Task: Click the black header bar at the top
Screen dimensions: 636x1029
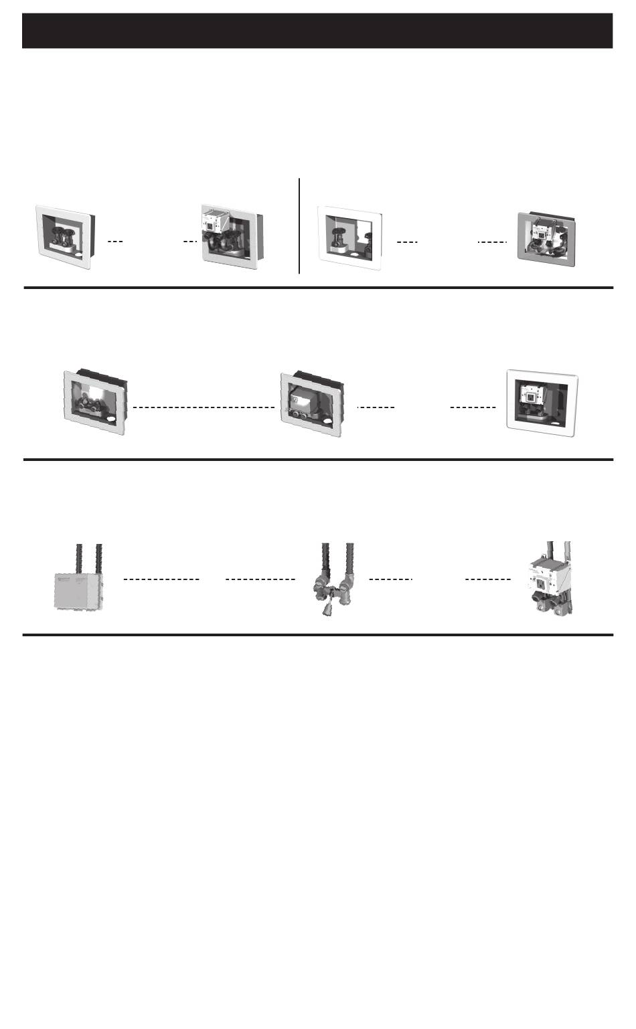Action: [x=317, y=31]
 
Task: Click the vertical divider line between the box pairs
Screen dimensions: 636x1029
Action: [x=299, y=225]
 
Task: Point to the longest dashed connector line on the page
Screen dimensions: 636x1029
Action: [x=204, y=407]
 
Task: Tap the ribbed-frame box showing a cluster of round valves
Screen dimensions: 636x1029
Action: [x=95, y=401]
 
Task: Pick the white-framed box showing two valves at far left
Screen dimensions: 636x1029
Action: [x=63, y=236]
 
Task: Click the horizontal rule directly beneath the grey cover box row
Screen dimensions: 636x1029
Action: [x=317, y=634]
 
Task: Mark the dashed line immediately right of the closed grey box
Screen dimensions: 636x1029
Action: [x=161, y=579]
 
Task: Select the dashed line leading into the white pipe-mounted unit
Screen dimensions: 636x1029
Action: [x=487, y=579]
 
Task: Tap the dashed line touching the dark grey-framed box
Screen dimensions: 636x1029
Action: [x=491, y=242]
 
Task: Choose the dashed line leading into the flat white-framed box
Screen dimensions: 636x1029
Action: [x=473, y=407]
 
